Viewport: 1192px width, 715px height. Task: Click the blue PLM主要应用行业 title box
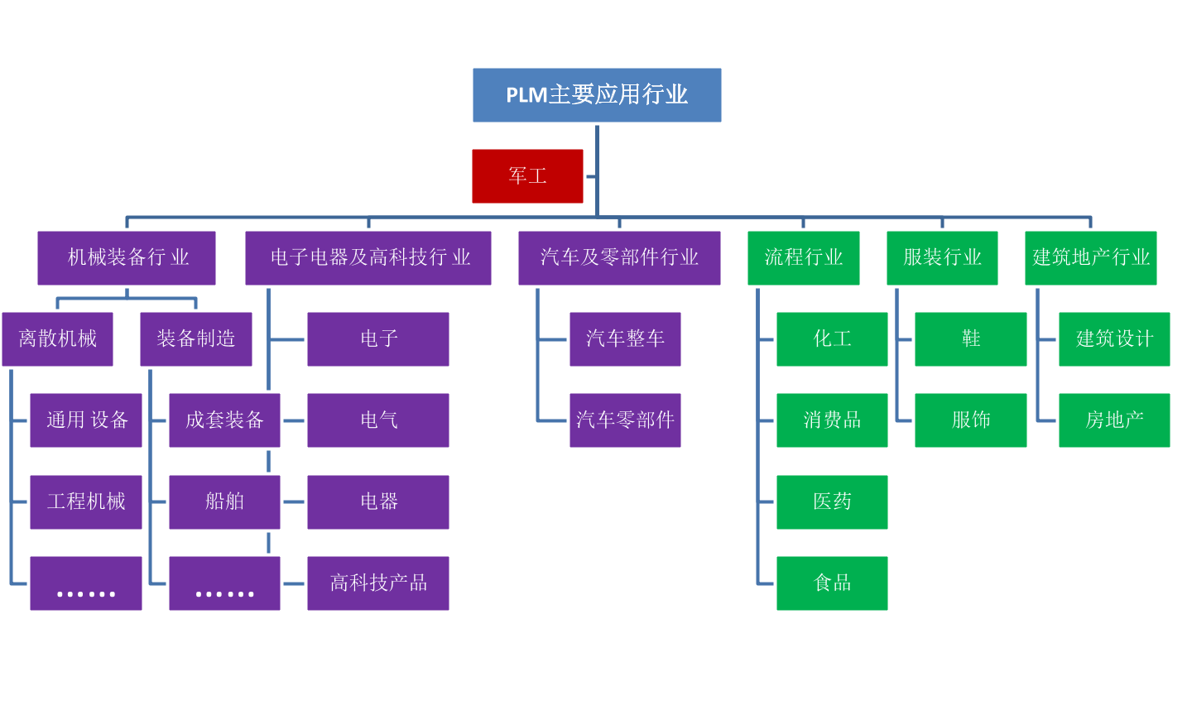(x=597, y=95)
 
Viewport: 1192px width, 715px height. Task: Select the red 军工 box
(x=527, y=176)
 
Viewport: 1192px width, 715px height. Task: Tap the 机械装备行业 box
(x=127, y=258)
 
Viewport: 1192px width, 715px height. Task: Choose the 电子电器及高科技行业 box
(x=368, y=258)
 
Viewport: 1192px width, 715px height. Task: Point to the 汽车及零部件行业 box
(x=619, y=258)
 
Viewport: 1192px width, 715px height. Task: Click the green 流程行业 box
(x=803, y=258)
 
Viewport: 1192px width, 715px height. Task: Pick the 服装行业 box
(x=942, y=258)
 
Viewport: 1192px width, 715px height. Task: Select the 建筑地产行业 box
(x=1090, y=258)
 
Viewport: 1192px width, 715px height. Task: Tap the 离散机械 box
(x=57, y=339)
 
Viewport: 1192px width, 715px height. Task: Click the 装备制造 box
(x=196, y=339)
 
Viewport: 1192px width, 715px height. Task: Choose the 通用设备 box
(x=86, y=420)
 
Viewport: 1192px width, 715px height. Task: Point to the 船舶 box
(x=224, y=501)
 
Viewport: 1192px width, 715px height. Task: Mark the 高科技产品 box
(x=378, y=583)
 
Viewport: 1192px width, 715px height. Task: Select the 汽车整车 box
(x=625, y=339)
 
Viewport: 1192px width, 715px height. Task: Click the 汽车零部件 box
(x=625, y=420)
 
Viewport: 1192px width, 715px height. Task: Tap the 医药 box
(x=832, y=501)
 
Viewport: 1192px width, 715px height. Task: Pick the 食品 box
(x=832, y=583)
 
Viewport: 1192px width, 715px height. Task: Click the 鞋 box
(x=970, y=339)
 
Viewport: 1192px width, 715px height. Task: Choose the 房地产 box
(x=1114, y=420)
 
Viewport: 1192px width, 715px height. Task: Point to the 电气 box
(x=378, y=420)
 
